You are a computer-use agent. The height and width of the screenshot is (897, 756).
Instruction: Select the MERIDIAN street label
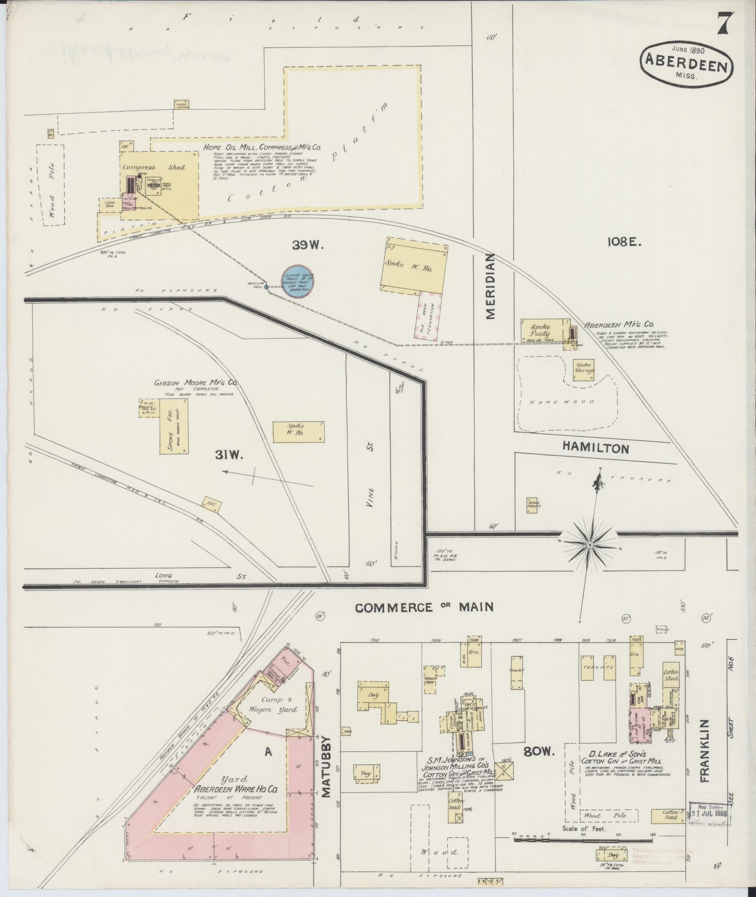490,286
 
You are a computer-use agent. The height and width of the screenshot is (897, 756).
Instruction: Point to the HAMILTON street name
595,448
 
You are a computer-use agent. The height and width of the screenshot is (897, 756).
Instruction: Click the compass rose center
590,544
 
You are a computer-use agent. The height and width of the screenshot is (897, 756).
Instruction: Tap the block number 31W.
227,454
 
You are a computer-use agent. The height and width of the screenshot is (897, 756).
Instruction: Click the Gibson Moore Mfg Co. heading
196,383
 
